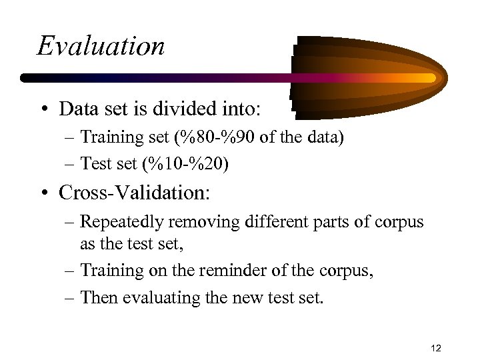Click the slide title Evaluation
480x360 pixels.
[x=101, y=46]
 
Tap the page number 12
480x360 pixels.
[x=437, y=348]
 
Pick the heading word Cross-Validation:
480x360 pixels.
[x=134, y=193]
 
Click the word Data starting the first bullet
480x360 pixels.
[x=77, y=107]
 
